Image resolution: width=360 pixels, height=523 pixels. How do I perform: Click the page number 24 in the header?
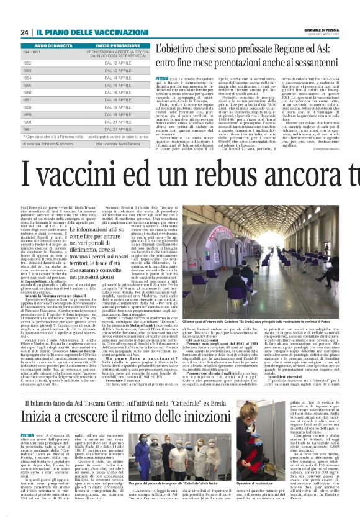[x=24, y=32]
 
